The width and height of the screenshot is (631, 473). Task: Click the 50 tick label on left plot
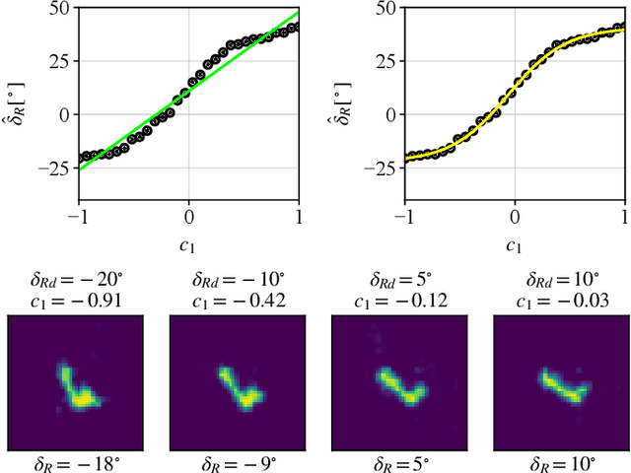[58, 8]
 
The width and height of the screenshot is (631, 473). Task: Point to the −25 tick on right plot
[380, 169]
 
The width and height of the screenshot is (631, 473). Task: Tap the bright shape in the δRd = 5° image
[400, 386]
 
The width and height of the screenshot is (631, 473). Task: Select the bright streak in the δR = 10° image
[562, 387]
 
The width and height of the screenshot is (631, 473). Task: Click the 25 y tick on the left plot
[58, 61]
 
